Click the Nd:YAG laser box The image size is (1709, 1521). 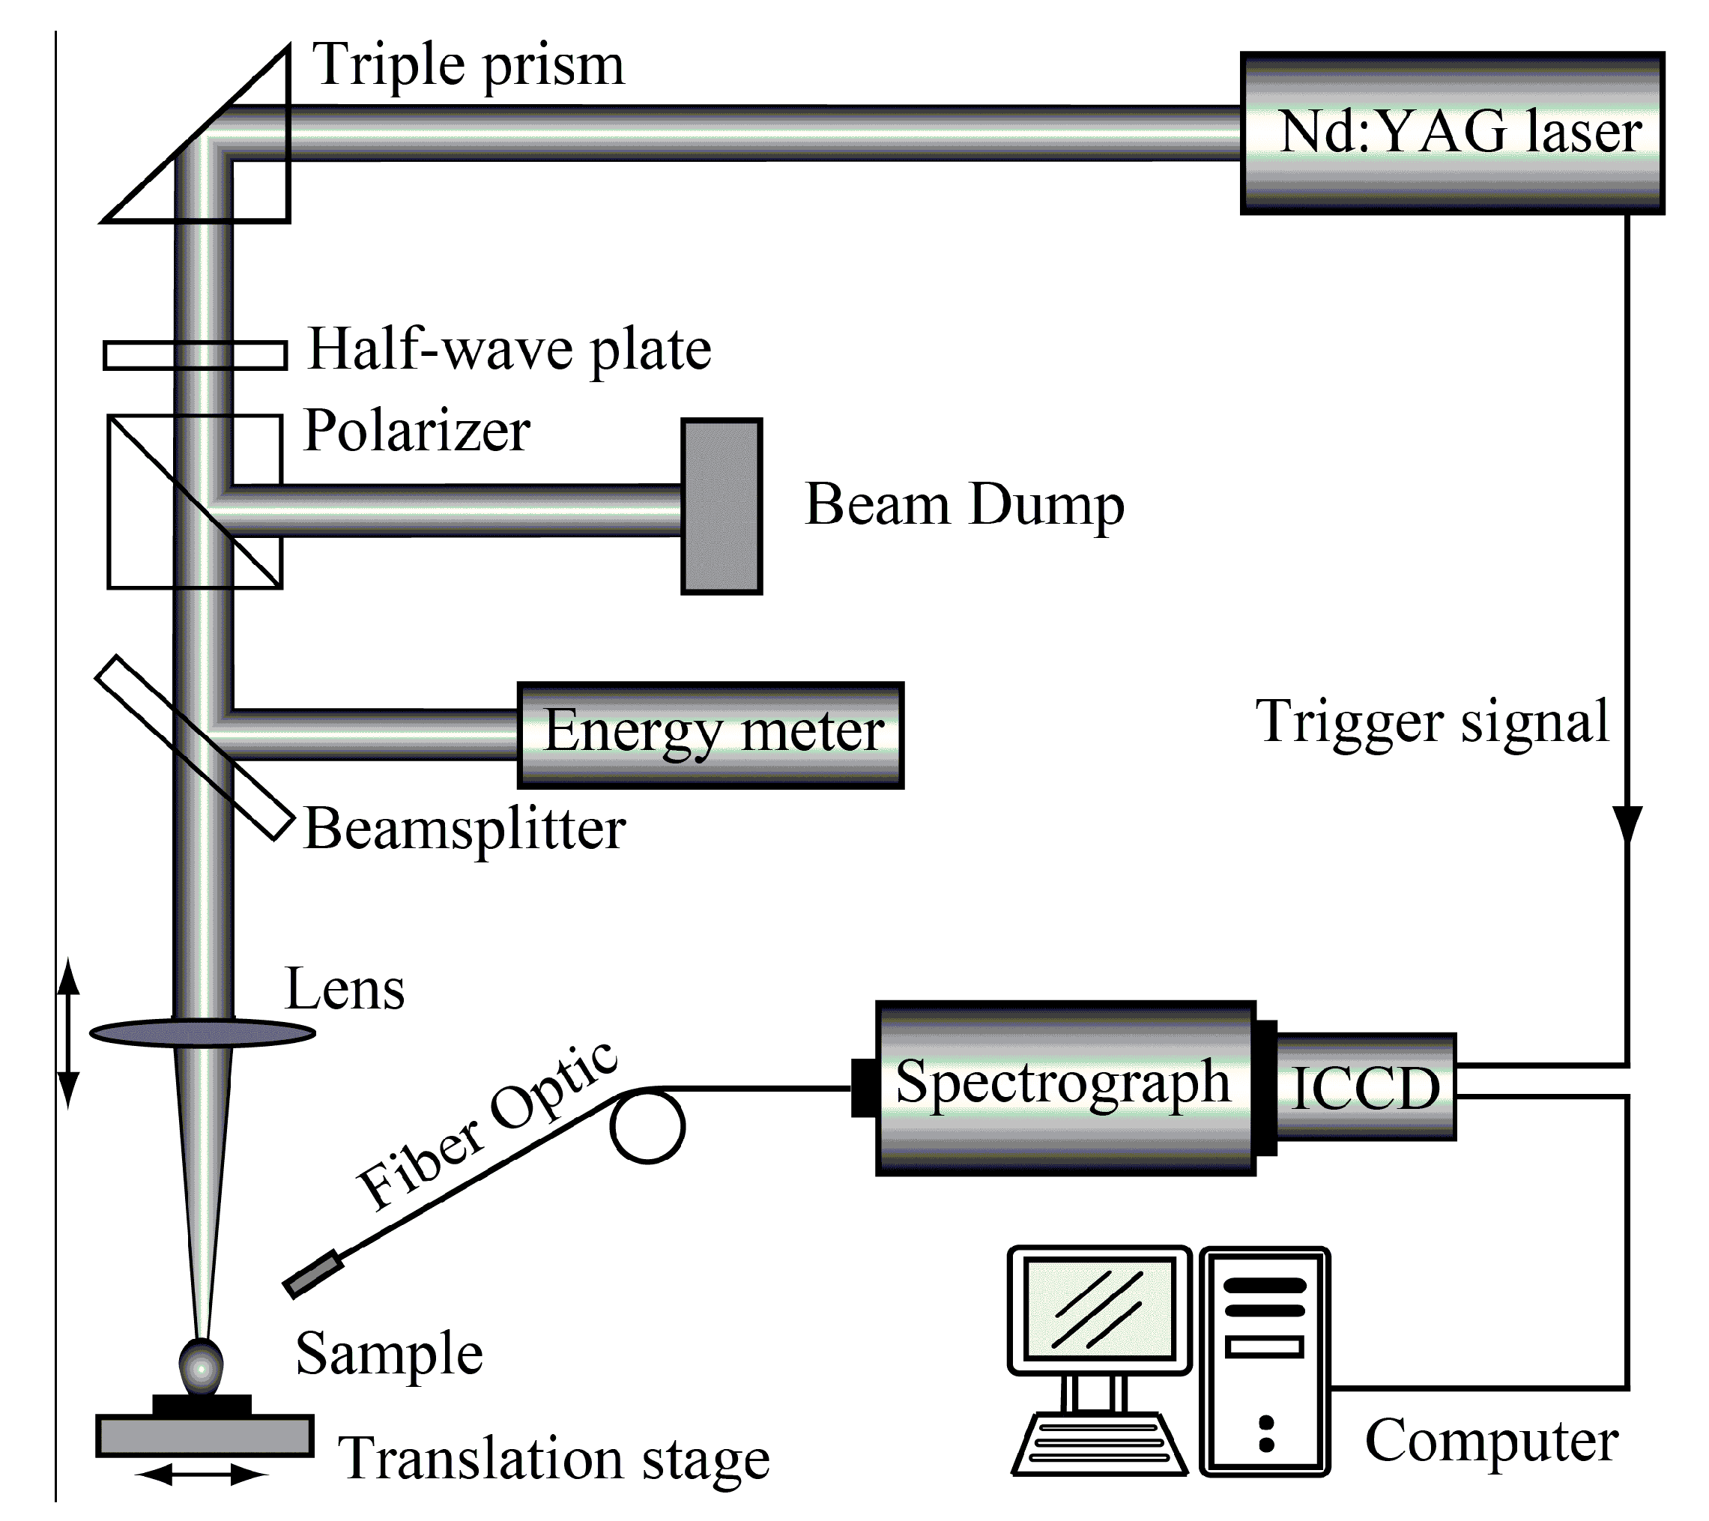[x=1451, y=134]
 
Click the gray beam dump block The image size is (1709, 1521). [x=722, y=507]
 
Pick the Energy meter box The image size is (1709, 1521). [x=711, y=735]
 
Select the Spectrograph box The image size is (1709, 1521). [x=1065, y=1087]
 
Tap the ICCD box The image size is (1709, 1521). [x=1365, y=1087]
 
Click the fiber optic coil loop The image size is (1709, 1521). [x=647, y=1125]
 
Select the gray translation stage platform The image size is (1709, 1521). [x=204, y=1436]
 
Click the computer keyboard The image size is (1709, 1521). [x=1098, y=1444]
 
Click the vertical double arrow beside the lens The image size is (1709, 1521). [x=69, y=1033]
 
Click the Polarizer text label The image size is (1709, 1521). [x=417, y=432]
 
